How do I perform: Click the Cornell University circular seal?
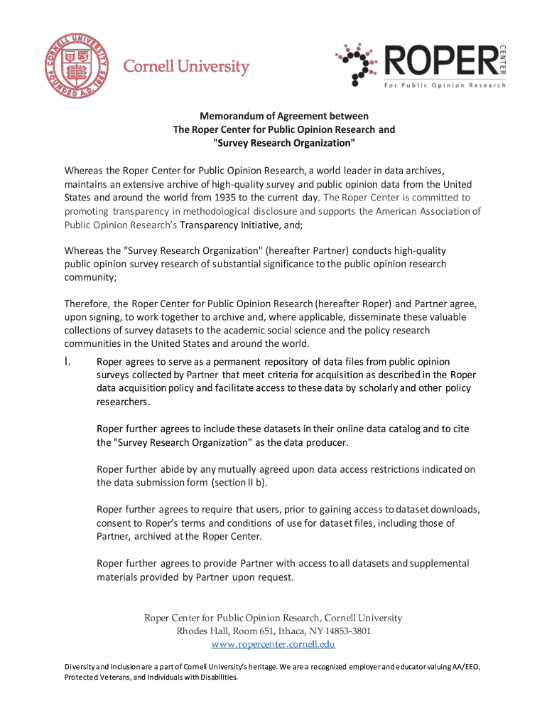tap(76, 68)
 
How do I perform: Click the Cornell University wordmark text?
tap(187, 68)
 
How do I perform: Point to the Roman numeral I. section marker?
tap(70, 362)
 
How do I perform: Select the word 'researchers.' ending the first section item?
tap(124, 402)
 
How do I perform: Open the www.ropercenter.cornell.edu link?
tap(273, 645)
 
